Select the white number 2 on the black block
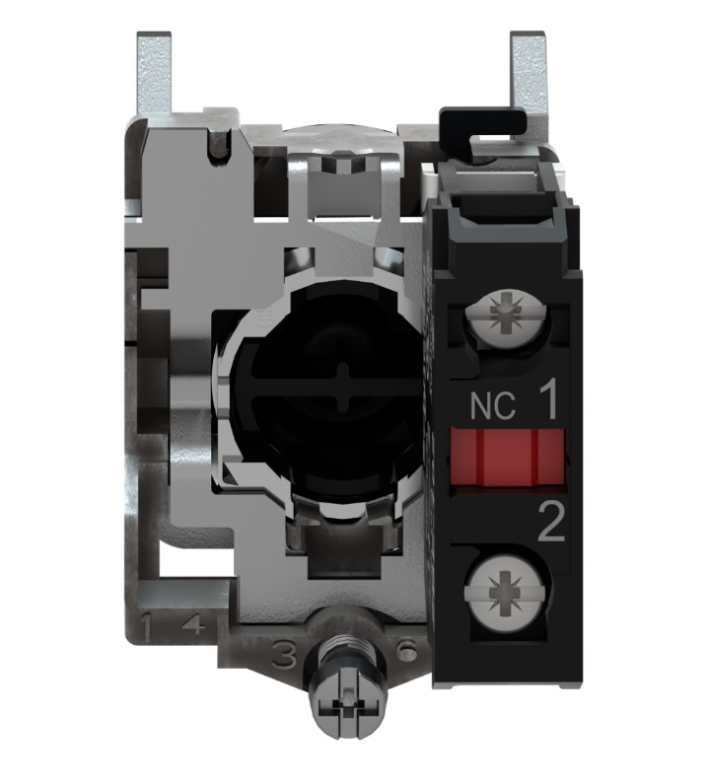click(x=551, y=523)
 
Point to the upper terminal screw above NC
click(x=506, y=315)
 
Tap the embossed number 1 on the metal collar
click(x=146, y=626)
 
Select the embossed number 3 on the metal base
click(x=284, y=658)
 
